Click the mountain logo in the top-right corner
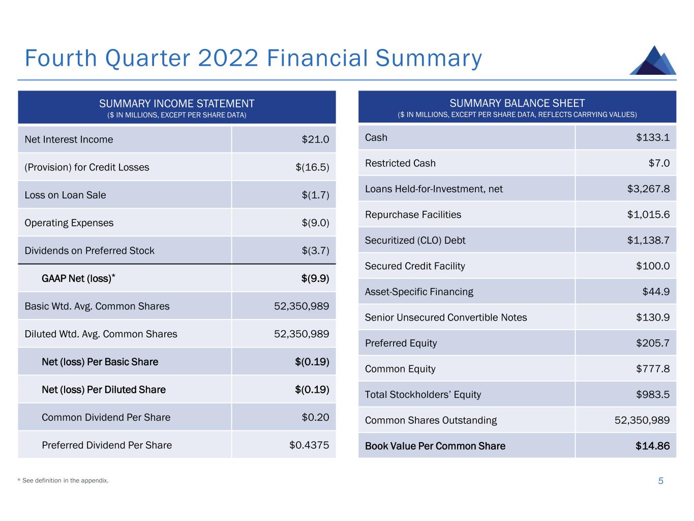pyautogui.click(x=653, y=61)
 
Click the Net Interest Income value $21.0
pyautogui.click(x=315, y=139)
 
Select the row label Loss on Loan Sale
pyautogui.click(x=65, y=195)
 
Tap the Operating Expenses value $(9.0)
pyautogui.click(x=312, y=223)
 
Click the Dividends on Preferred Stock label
pyautogui.click(x=89, y=250)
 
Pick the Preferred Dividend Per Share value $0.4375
pyautogui.click(x=309, y=445)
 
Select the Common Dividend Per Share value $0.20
pyautogui.click(x=315, y=417)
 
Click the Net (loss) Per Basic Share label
pyautogui.click(x=100, y=362)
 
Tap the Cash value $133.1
pyautogui.click(x=652, y=137)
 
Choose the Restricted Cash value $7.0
pyautogui.click(x=659, y=163)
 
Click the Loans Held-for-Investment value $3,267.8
pyautogui.click(x=648, y=189)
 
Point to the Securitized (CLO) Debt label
pyautogui.click(x=415, y=240)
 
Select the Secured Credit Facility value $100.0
pyautogui.click(x=652, y=266)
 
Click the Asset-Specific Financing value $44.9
pyautogui.click(x=656, y=292)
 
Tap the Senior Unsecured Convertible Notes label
pyautogui.click(x=446, y=317)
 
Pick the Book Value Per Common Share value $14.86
pyautogui.click(x=652, y=446)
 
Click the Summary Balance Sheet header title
pyautogui.click(x=517, y=103)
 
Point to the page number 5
pyautogui.click(x=660, y=481)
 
